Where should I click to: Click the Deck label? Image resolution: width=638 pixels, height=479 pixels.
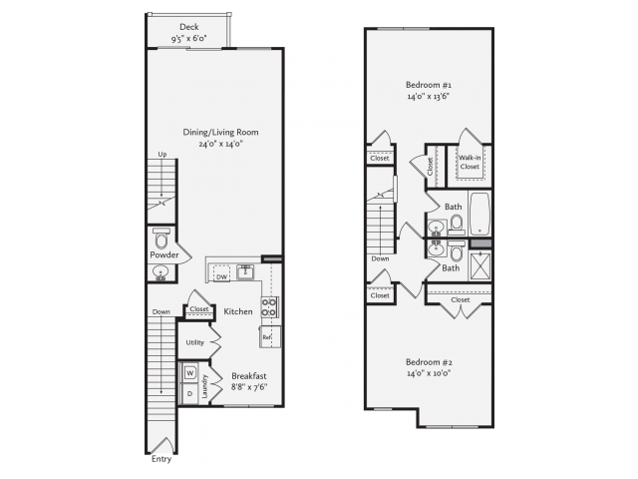[189, 27]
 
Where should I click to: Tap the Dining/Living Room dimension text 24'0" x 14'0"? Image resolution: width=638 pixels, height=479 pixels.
[221, 144]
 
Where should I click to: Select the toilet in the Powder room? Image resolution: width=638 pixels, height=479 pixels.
[161, 238]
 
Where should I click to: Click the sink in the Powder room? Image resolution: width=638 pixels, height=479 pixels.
[161, 272]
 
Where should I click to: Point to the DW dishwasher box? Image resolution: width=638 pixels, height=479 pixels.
[221, 273]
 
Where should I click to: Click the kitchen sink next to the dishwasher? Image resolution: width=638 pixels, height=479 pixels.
[245, 271]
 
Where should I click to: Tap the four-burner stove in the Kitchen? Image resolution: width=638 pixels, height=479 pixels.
[270, 307]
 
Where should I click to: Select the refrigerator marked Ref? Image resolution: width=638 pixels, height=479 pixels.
[270, 337]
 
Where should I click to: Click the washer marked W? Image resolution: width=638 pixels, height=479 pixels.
[190, 372]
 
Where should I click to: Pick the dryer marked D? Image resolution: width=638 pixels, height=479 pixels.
[190, 393]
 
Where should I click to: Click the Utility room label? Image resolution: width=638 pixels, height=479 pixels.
[195, 342]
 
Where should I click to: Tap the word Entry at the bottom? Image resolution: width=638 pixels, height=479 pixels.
[161, 459]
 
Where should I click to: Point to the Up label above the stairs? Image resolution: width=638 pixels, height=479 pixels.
[162, 155]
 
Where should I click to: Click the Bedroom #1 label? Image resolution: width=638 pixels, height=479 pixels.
[429, 85]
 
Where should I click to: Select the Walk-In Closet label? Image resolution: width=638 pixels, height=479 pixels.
[470, 162]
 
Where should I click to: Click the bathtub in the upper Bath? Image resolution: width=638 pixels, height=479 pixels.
[480, 214]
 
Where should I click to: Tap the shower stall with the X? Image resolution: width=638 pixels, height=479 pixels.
[480, 266]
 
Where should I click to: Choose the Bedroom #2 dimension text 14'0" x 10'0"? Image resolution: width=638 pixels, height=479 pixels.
[429, 373]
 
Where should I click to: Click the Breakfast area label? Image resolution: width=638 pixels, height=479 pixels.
[249, 376]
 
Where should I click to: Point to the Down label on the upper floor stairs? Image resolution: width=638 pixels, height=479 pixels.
[380, 258]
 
